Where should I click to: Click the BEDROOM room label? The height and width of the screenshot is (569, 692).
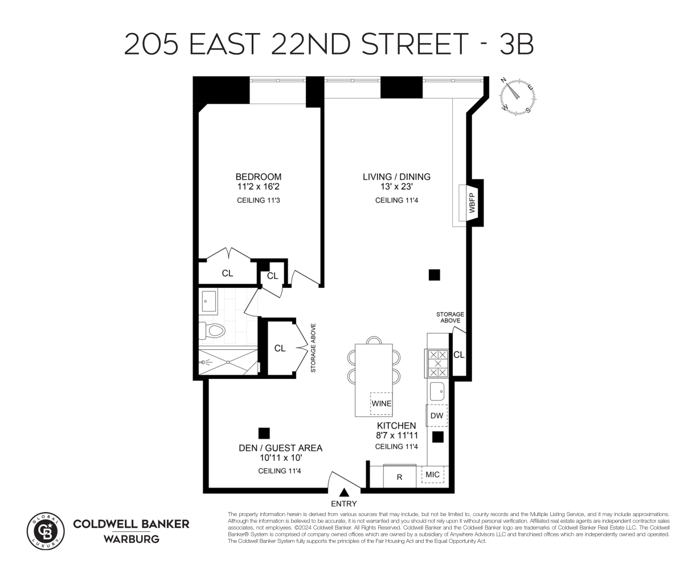(x=259, y=177)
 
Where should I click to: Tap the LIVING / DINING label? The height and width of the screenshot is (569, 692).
(x=396, y=177)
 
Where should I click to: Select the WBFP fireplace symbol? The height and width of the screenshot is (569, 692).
(x=472, y=203)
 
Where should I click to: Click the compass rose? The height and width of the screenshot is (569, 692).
(x=519, y=96)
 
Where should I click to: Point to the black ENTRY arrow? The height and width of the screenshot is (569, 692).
(x=343, y=493)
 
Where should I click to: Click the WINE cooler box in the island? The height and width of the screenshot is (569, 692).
(x=381, y=403)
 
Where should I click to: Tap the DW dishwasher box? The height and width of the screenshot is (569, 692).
(x=437, y=416)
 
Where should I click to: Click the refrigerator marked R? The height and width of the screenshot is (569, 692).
(x=399, y=476)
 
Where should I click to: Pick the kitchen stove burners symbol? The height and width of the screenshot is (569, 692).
(x=437, y=363)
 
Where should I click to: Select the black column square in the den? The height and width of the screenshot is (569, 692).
(x=264, y=434)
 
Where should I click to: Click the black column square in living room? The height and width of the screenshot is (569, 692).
(x=434, y=275)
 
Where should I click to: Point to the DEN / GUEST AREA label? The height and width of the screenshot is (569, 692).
(x=280, y=448)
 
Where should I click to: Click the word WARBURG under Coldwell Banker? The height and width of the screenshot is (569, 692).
(x=131, y=538)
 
